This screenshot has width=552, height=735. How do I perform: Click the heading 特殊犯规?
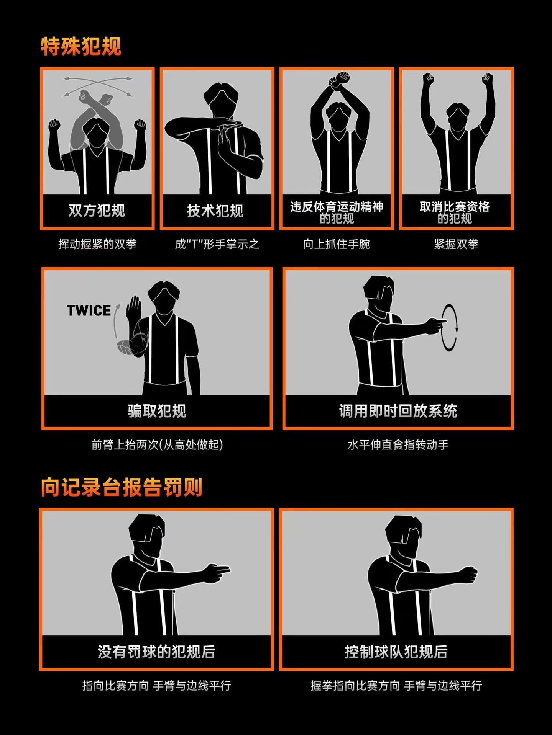81,47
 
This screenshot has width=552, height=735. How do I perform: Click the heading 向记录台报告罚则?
122,487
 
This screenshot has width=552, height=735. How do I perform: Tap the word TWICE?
89,310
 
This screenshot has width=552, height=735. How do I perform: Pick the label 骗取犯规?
157,411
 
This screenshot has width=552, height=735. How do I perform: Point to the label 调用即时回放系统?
398,411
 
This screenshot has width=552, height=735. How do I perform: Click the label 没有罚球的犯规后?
156,651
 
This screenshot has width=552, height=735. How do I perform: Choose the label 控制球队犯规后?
396,651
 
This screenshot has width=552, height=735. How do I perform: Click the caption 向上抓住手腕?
336,244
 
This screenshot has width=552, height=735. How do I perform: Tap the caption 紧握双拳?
456,244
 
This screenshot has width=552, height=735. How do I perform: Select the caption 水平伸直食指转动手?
398,444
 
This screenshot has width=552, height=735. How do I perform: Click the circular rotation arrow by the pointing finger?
449,328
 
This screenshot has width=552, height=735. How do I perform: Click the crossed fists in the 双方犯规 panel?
95,99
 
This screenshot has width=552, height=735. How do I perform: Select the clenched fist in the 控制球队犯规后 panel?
468,574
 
